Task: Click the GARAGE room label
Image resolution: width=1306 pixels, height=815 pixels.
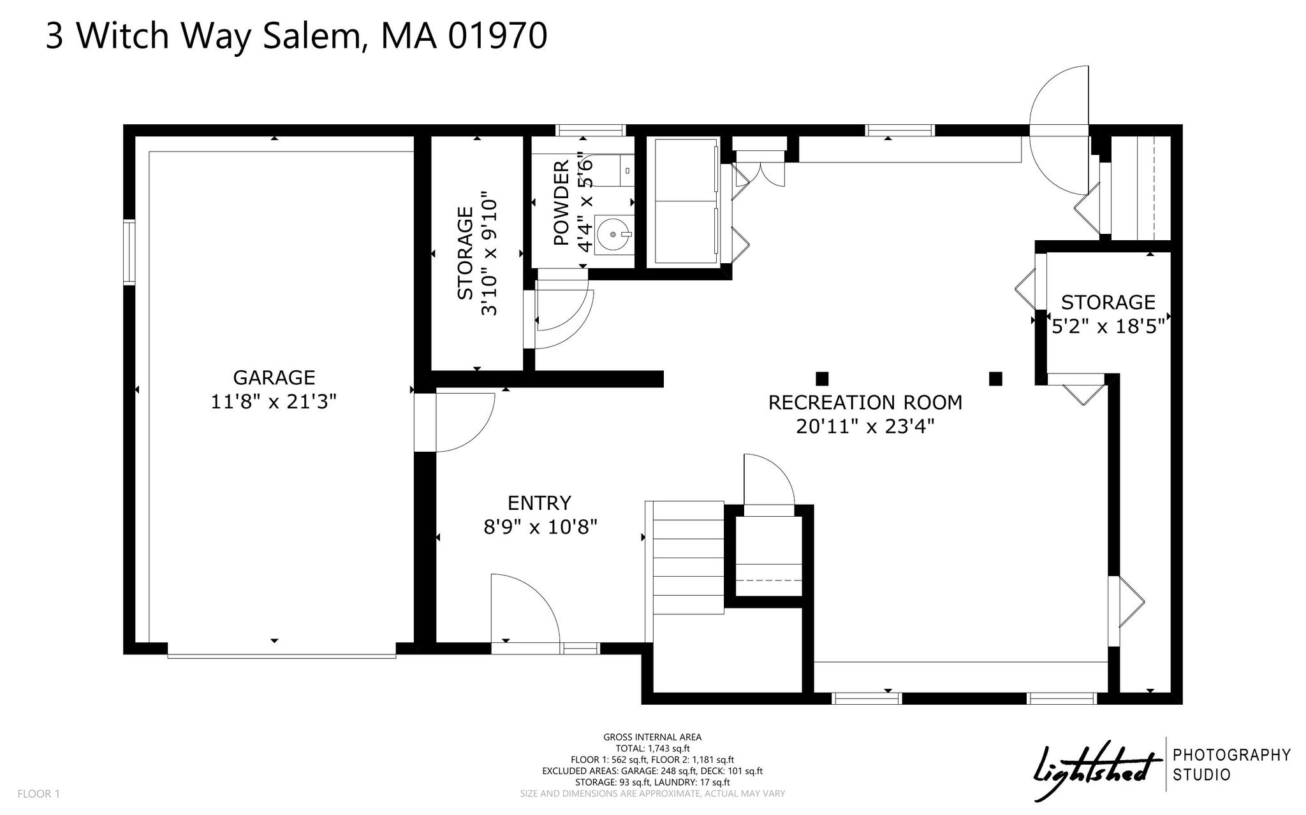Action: pos(274,377)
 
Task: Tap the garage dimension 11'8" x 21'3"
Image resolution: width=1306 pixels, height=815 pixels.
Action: pos(274,401)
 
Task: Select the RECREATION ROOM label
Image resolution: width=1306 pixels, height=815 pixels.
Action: pos(865,403)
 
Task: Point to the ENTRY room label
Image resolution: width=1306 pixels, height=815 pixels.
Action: pos(539,503)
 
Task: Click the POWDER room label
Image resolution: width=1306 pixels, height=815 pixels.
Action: pos(561,203)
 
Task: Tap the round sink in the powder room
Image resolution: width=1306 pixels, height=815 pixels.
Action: pos(613,234)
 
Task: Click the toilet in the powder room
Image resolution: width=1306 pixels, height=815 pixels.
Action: pos(615,170)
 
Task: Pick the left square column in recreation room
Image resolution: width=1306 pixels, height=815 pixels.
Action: pos(822,379)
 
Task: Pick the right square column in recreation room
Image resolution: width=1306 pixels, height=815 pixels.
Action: pos(995,379)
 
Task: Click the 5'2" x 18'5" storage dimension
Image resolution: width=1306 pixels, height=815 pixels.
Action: pos(1108,326)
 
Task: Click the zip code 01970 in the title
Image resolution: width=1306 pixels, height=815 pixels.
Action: pos(497,36)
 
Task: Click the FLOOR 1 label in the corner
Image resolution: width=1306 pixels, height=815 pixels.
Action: pos(38,794)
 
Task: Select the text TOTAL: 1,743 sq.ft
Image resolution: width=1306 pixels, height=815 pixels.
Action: pos(652,749)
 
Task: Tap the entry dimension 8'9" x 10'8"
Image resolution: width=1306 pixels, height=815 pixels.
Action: pos(540,527)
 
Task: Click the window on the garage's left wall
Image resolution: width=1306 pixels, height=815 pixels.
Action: pos(129,252)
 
